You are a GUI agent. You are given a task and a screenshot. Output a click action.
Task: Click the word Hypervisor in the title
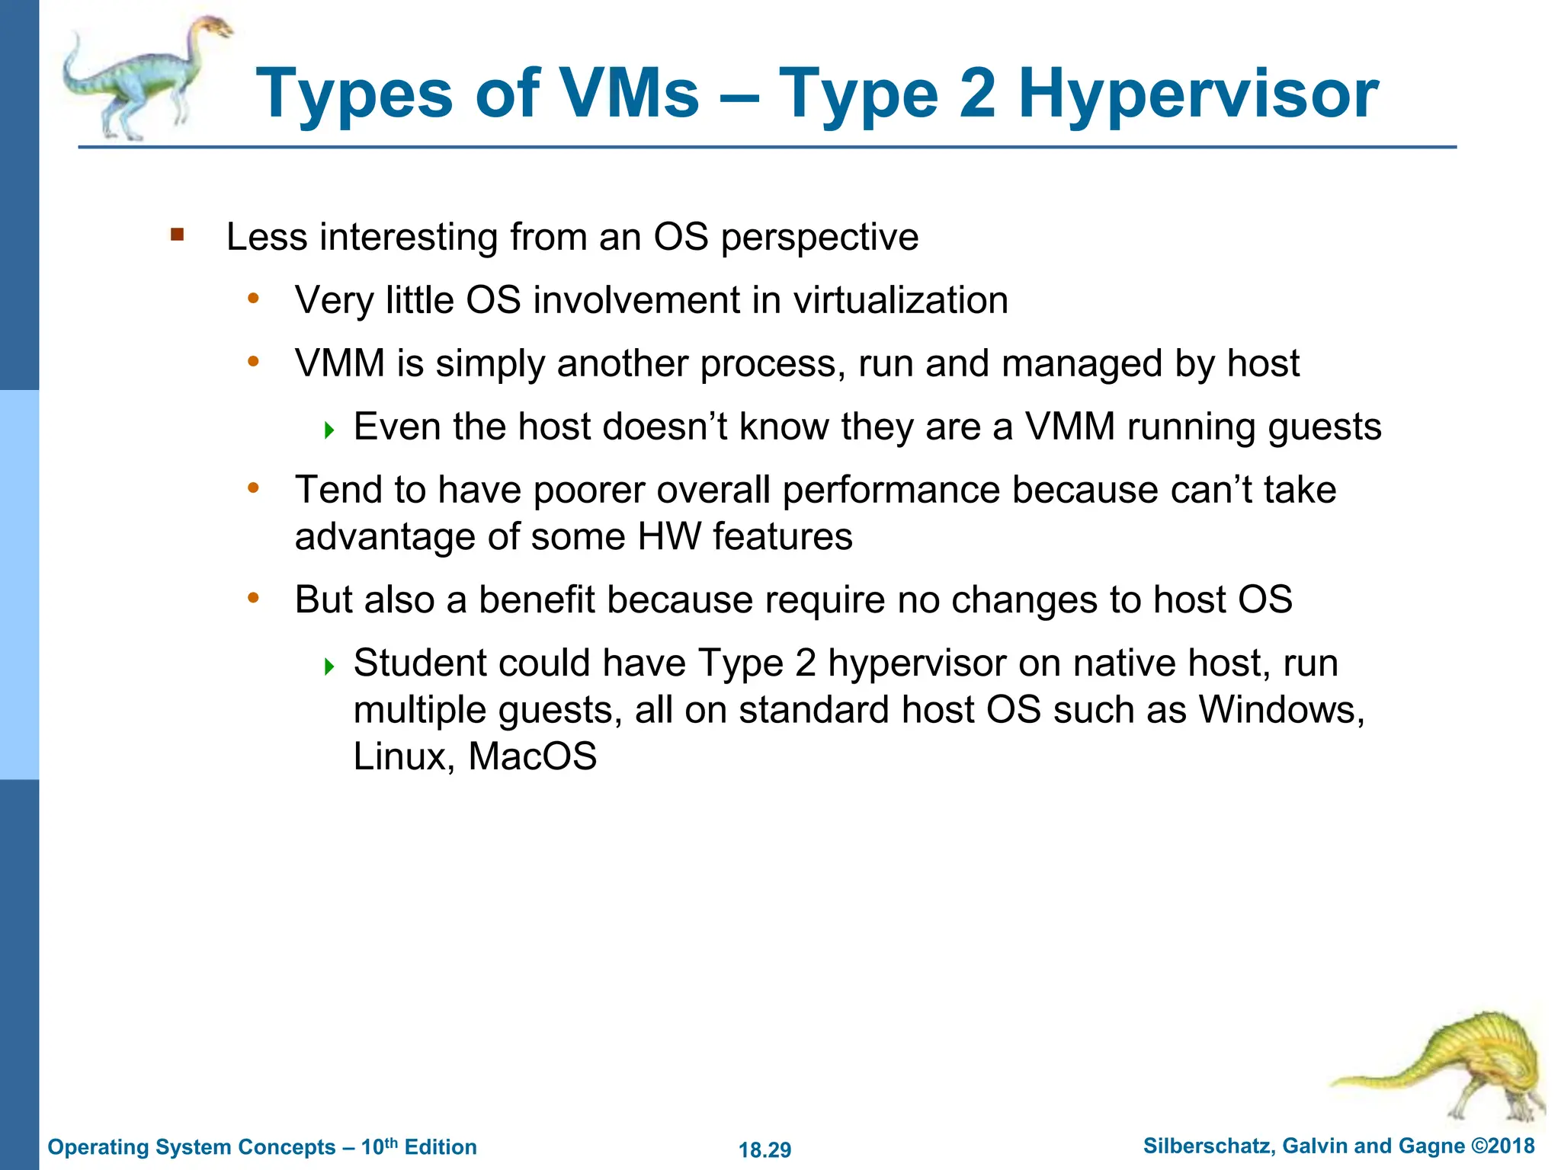[1198, 95]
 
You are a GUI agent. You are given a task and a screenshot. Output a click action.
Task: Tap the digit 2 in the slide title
[978, 94]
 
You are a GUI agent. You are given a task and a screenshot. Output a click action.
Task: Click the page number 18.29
[764, 1149]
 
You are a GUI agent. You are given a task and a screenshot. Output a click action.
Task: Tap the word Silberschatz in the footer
[1207, 1146]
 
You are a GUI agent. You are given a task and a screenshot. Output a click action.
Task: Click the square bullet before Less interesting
[178, 235]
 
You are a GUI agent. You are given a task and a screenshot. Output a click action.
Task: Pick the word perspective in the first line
[819, 238]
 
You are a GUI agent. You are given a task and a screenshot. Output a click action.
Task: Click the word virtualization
[900, 300]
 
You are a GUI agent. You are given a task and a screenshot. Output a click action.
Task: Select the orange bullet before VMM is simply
[254, 361]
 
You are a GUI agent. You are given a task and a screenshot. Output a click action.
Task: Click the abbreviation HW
[668, 536]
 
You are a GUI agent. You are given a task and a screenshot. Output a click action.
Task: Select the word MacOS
[532, 756]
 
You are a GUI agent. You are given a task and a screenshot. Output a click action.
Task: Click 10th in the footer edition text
[379, 1146]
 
